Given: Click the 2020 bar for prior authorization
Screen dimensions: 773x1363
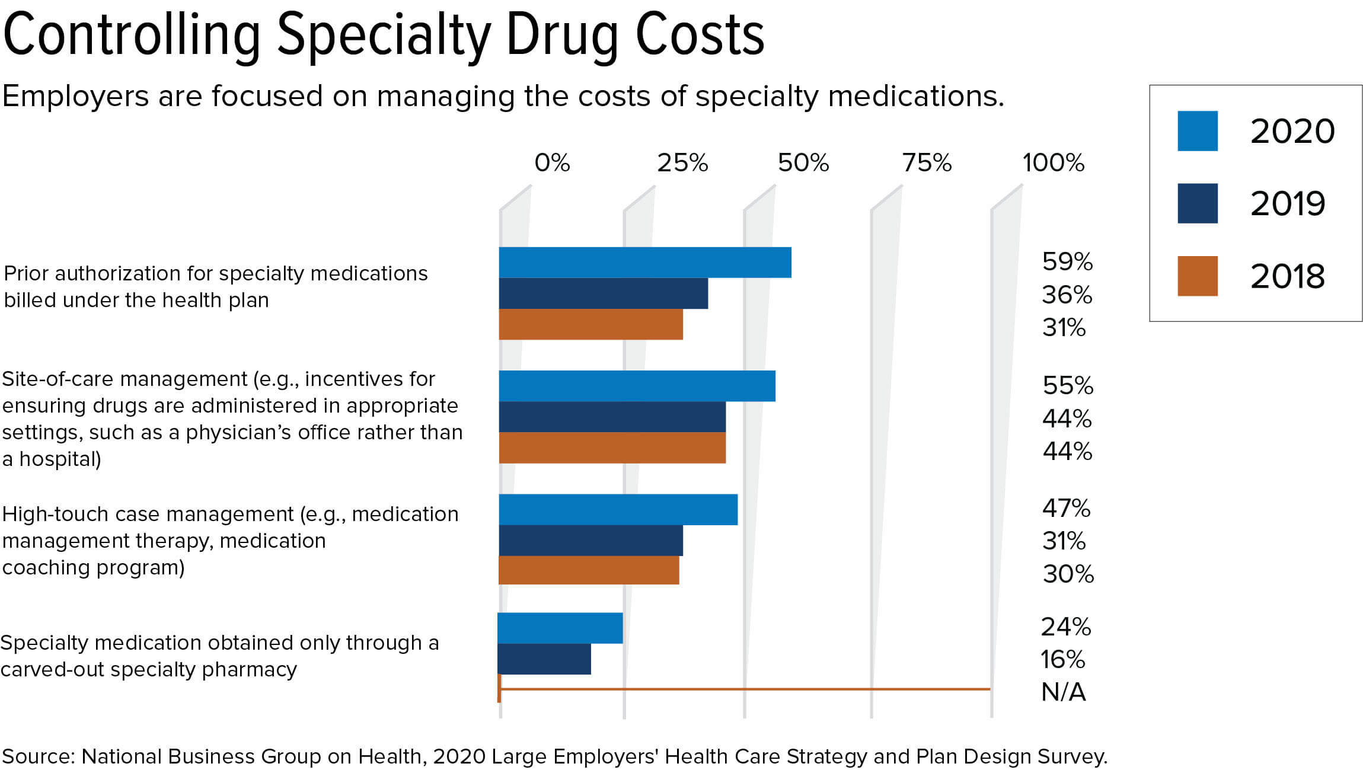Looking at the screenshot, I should (645, 263).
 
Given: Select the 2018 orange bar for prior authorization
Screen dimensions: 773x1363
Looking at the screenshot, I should (590, 324).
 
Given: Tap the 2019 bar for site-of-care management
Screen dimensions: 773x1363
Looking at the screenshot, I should (612, 417).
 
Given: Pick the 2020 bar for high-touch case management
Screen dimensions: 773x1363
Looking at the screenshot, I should (618, 509).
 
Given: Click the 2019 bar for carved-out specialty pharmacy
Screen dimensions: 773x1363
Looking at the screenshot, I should (544, 659).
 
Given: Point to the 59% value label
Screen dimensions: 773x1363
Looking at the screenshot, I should (1067, 261).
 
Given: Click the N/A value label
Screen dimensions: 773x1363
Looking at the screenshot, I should (1063, 692).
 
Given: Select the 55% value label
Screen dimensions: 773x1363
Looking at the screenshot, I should (1068, 385).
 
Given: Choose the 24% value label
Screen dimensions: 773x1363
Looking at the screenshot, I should (1066, 627).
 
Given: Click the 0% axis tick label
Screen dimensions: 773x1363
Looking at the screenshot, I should (552, 162).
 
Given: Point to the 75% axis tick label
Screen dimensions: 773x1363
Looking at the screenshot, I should (927, 162).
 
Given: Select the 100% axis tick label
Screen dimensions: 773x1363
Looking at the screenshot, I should (1053, 162).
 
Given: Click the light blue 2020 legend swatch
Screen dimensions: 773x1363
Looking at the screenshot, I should (1197, 131).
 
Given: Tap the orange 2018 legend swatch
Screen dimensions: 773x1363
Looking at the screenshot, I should (1197, 276).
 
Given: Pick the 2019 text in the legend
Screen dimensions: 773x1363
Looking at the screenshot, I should (1287, 204).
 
